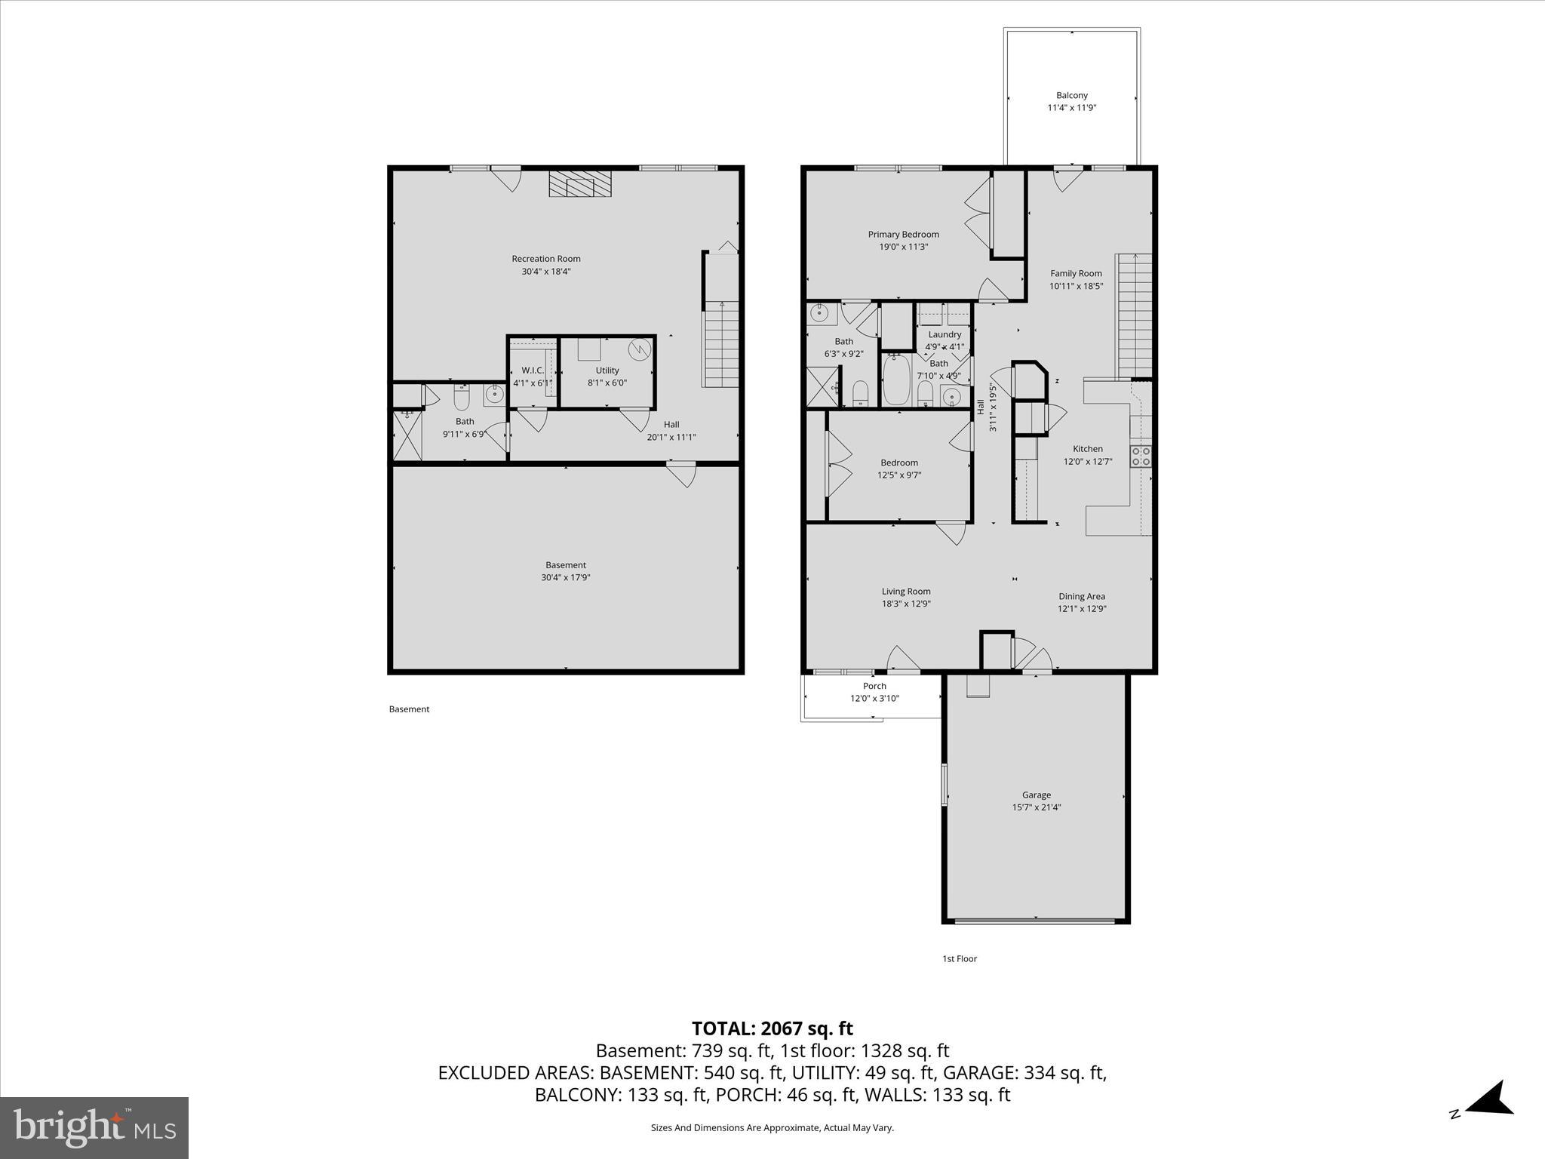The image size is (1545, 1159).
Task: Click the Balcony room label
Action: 1071,95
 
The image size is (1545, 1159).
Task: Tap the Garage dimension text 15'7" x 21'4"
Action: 1036,807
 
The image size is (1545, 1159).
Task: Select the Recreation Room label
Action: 546,259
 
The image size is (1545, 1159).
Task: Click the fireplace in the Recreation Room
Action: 580,183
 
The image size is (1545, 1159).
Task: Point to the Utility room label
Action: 607,370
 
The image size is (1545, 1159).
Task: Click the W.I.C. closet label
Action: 533,370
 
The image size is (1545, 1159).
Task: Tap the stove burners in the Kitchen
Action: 1140,457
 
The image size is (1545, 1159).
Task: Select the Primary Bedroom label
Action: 903,235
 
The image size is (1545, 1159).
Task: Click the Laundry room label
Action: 945,334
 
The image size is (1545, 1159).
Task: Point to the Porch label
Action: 874,686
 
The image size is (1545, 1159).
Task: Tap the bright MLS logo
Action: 94,1127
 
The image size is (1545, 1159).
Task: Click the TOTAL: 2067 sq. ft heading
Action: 772,1028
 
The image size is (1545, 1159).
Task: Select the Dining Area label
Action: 1081,596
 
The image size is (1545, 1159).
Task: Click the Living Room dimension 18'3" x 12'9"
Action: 906,604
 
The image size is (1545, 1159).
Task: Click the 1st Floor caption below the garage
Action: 959,959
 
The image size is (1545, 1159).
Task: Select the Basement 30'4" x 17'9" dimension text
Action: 565,577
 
